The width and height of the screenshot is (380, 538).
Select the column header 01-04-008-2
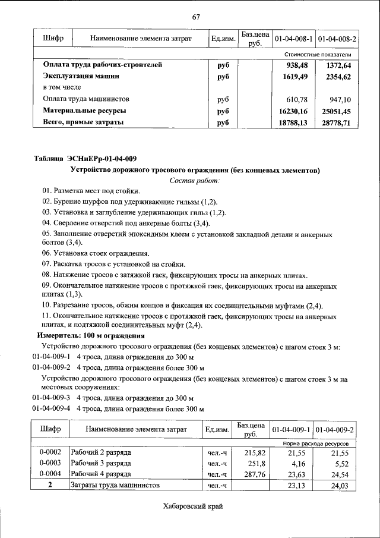337,39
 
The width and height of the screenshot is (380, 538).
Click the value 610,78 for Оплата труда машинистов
299,99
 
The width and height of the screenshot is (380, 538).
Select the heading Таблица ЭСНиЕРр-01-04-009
85,158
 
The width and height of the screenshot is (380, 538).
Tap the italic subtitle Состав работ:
195,180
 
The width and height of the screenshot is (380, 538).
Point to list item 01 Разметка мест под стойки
91,191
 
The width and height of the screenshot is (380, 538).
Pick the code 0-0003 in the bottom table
50,463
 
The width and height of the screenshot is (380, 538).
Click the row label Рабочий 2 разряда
101,452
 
